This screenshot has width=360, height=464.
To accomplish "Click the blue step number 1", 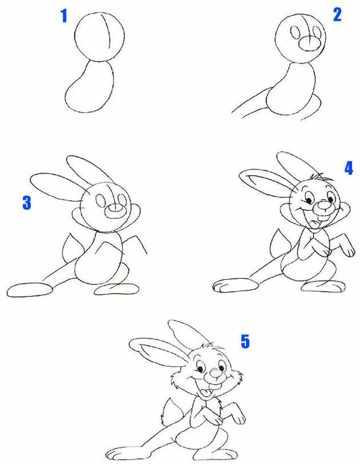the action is tap(64, 16).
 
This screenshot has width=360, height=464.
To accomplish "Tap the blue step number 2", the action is tap(337, 14).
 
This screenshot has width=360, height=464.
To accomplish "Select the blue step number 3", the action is tap(26, 203).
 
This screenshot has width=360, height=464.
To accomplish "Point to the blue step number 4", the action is tap(349, 168).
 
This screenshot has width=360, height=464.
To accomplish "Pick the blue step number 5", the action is tap(245, 341).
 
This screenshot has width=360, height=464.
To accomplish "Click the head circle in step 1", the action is tap(74, 37).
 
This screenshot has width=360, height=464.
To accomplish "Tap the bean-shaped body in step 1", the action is tap(65, 98).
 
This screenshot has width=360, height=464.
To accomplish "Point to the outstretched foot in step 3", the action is tap(29, 290).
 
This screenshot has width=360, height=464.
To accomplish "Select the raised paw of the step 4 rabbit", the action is tap(347, 248).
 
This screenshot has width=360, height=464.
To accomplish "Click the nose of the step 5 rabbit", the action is tap(216, 374).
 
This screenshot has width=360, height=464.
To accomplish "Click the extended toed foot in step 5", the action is tap(128, 453).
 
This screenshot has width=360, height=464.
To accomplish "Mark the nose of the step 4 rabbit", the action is tap(325, 205).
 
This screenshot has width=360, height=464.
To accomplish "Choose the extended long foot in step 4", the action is tap(236, 286).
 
